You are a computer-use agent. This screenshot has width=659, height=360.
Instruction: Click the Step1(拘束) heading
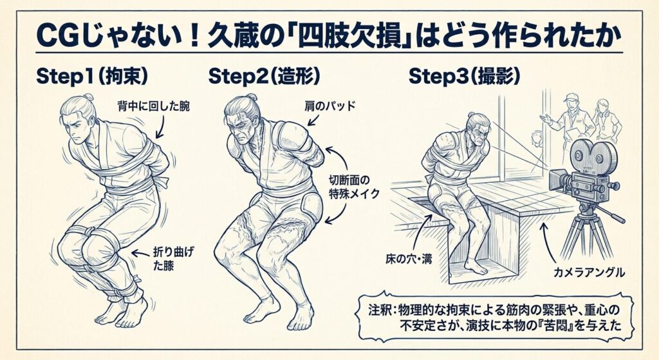click(x=92, y=77)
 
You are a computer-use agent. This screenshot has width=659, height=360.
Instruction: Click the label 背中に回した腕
click(x=153, y=107)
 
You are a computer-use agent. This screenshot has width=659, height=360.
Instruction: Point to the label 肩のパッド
click(x=330, y=106)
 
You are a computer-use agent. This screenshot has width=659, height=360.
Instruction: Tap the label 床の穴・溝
click(x=409, y=259)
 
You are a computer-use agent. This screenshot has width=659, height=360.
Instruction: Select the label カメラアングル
click(x=589, y=272)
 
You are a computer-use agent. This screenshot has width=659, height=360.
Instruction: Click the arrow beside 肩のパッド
click(x=313, y=119)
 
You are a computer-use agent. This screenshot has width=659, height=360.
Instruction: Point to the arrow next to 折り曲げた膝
click(x=141, y=252)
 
